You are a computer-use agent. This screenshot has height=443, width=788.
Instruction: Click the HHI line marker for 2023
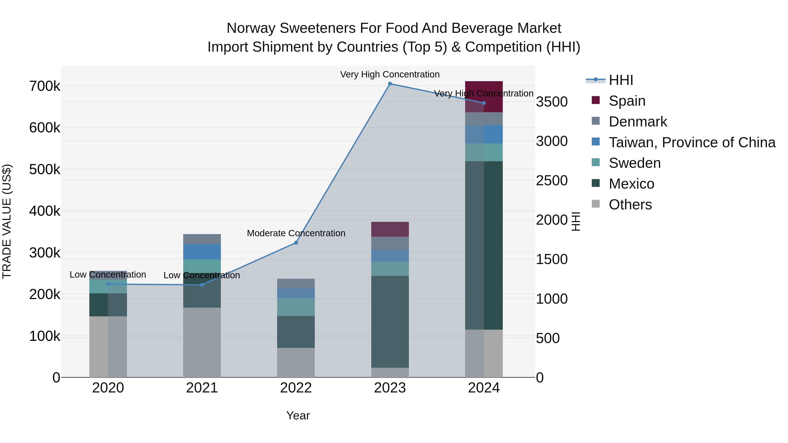tap(390, 84)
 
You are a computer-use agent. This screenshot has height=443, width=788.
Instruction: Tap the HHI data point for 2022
tap(296, 243)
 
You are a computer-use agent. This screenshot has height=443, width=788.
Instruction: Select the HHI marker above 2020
tap(108, 284)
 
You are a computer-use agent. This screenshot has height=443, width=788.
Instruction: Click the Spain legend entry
tap(627, 101)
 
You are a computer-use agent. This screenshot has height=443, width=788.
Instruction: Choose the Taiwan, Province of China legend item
tap(692, 142)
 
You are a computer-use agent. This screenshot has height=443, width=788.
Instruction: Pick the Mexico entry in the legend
tap(631, 184)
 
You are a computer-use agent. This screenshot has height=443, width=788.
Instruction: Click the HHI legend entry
tap(621, 80)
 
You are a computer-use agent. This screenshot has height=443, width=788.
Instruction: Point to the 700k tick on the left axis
tap(45, 86)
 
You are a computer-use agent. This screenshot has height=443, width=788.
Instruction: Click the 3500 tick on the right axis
tap(552, 102)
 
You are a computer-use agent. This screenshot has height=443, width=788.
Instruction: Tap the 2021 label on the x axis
tap(202, 388)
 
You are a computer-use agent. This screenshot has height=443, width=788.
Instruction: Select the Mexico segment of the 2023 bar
tap(390, 322)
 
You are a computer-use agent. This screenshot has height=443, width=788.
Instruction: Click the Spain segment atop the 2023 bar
tap(390, 229)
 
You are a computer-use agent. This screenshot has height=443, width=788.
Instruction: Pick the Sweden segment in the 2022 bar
tap(296, 307)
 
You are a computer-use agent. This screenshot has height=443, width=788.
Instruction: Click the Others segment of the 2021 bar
tap(202, 342)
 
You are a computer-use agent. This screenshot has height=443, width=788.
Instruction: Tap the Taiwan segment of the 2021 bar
tap(202, 252)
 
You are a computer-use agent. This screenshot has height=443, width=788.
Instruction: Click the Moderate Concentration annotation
tap(296, 233)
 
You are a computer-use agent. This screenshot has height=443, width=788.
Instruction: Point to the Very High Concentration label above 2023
tap(390, 75)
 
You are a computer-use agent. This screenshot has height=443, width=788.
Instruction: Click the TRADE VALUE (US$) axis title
tap(7, 221)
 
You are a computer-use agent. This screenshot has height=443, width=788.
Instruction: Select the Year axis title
tap(298, 415)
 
